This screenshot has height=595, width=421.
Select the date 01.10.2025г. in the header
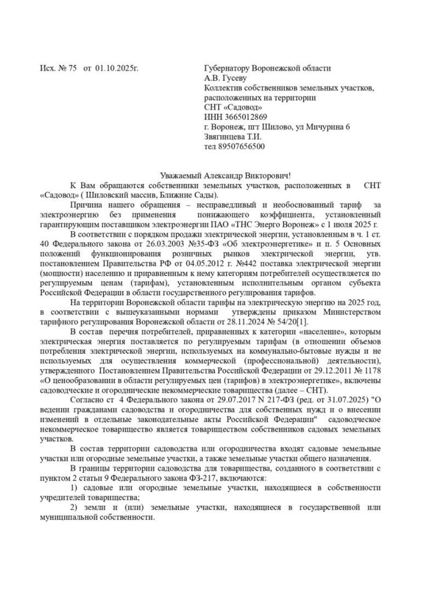point(116,68)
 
